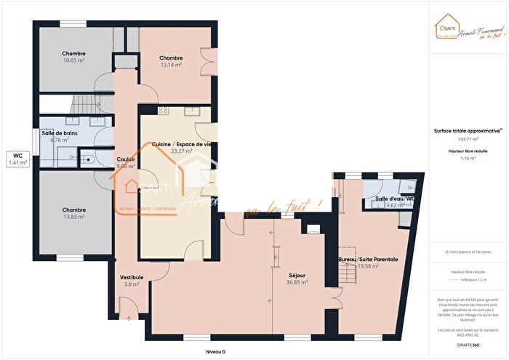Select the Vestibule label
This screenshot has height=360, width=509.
pyautogui.click(x=132, y=277)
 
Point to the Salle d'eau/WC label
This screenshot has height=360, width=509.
pyautogui.click(x=394, y=199)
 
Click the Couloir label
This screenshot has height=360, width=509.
pyautogui.click(x=126, y=159)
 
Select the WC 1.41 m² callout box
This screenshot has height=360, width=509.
pyautogui.click(x=17, y=159)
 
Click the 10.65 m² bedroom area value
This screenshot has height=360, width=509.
pyautogui.click(x=73, y=60)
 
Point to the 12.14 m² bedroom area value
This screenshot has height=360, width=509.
pyautogui.click(x=171, y=65)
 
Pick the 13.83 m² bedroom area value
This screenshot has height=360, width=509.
pyautogui.click(x=73, y=216)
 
